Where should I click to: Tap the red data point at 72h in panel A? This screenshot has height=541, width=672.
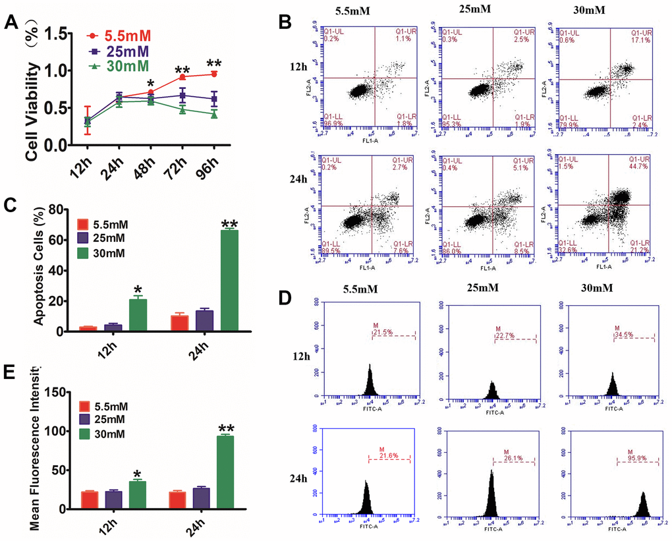click(182, 77)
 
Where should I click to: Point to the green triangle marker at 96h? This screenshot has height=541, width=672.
click(214, 114)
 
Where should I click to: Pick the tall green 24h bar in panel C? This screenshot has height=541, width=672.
click(229, 281)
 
